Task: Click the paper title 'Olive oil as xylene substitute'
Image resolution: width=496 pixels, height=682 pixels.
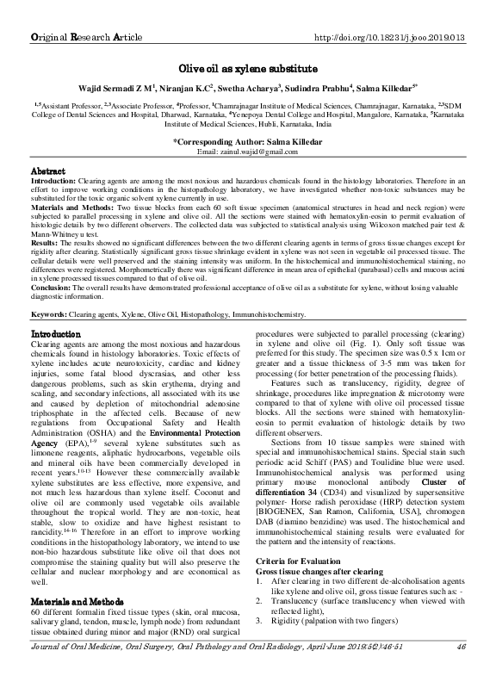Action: pyautogui.click(x=249, y=67)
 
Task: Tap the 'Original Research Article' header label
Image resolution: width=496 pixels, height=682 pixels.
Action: pyautogui.click(x=88, y=39)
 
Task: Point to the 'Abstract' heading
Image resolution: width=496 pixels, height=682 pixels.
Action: pyautogui.click(x=48, y=171)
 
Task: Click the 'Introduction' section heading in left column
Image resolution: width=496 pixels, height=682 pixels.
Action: pyautogui.click(x=56, y=332)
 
